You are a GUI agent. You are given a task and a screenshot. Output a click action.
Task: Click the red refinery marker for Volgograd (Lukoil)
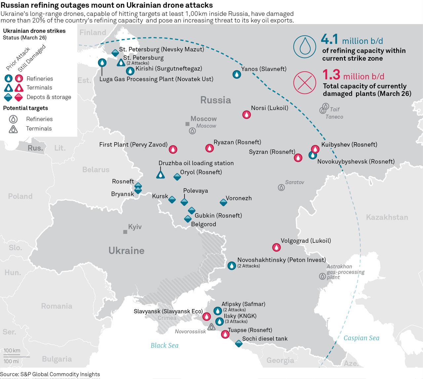(276, 247)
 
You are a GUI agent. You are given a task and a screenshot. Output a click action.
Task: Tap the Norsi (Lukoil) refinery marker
(247, 115)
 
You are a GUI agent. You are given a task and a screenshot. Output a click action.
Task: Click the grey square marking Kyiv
(125, 232)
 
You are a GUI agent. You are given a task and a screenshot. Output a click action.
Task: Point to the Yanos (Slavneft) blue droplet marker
(237, 74)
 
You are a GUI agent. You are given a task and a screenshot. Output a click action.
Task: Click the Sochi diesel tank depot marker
(239, 344)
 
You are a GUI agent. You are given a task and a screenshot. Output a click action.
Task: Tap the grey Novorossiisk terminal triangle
(211, 327)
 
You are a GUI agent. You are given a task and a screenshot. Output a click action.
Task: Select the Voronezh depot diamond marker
(223, 202)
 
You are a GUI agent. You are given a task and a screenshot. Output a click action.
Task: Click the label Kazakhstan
(387, 217)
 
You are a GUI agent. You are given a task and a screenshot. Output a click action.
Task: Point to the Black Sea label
(165, 345)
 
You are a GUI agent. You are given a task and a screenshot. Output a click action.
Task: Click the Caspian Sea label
(362, 338)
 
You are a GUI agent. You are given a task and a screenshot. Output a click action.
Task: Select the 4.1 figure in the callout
(329, 40)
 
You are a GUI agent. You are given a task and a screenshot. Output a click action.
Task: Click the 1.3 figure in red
(331, 75)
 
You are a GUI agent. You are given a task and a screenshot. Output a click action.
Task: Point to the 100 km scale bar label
(12, 351)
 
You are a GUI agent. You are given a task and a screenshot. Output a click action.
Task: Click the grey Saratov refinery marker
(281, 188)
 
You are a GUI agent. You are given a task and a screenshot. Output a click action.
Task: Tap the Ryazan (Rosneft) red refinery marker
(210, 148)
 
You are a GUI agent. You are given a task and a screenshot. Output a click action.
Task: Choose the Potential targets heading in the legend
(25, 108)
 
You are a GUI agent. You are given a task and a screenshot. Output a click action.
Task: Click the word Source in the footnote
(9, 374)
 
